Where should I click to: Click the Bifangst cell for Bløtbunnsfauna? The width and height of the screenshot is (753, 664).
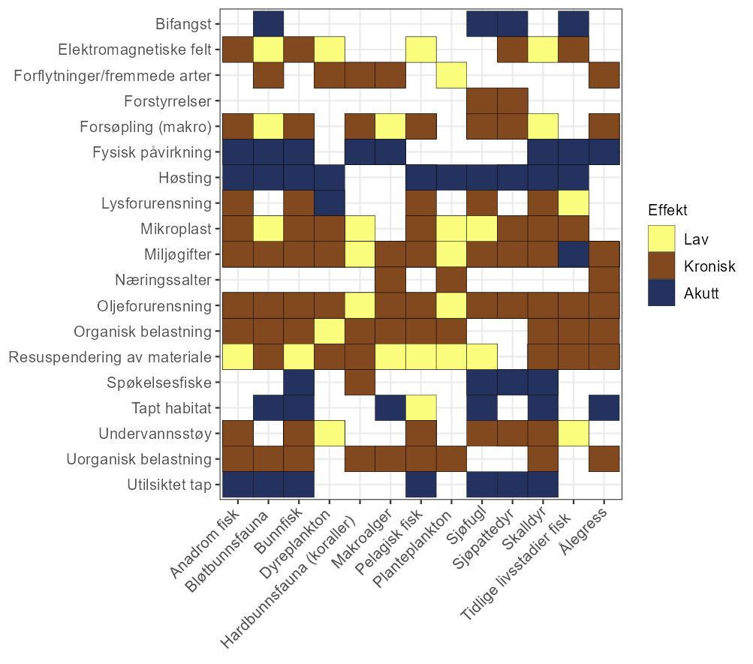268,24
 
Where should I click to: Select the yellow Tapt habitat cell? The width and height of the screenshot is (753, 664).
421,407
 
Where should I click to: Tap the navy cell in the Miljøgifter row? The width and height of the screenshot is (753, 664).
574,254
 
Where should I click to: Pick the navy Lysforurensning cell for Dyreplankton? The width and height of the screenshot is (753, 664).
330,203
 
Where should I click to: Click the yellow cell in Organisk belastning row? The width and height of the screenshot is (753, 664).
330,331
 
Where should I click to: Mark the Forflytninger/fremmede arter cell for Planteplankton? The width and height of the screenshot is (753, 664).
452,75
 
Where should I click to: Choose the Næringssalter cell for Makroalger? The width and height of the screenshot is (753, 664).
390,280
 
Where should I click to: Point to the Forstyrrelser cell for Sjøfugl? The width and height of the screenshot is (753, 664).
482,101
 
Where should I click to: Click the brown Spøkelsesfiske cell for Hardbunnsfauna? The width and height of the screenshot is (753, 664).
360,382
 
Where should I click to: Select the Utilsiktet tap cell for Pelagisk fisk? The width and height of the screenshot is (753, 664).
421,484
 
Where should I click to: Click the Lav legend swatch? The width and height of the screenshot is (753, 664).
661,239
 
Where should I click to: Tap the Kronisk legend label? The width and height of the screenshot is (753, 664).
709,266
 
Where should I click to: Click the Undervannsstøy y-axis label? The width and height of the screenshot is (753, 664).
155,434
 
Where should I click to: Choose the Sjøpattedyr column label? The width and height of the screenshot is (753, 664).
489,543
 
